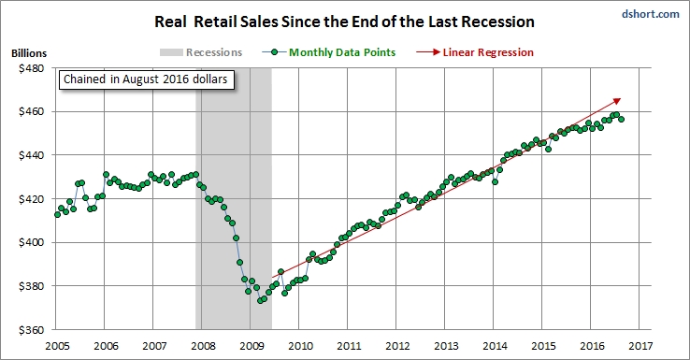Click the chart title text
(345, 22)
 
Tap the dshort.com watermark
(651, 14)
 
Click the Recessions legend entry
(201, 52)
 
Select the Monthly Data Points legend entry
(329, 52)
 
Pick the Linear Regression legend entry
(475, 52)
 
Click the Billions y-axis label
(29, 53)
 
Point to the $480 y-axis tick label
(31, 68)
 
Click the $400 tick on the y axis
(31, 242)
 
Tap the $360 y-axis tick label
(31, 330)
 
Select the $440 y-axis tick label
(31, 155)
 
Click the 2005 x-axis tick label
(57, 346)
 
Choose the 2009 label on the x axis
(252, 346)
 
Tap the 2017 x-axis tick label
(640, 346)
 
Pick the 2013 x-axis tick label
(446, 346)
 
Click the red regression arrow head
(617, 101)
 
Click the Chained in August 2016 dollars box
(146, 79)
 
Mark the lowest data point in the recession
(260, 300)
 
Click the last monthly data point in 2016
(621, 120)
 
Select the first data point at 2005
(57, 215)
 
